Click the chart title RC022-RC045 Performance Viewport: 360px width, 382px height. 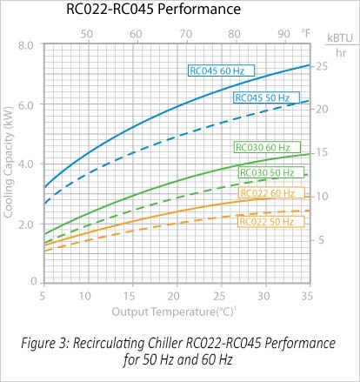(153, 11)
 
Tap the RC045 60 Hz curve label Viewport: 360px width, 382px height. (218, 69)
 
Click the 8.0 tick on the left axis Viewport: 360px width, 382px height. (25, 44)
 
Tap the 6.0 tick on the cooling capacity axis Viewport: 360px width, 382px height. (25, 104)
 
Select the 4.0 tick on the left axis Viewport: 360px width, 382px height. (25, 164)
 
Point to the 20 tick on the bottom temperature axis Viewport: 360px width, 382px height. (176, 296)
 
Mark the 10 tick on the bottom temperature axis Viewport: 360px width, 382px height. (87, 296)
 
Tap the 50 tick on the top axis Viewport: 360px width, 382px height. (87, 33)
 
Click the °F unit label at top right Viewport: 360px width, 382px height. (306, 33)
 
